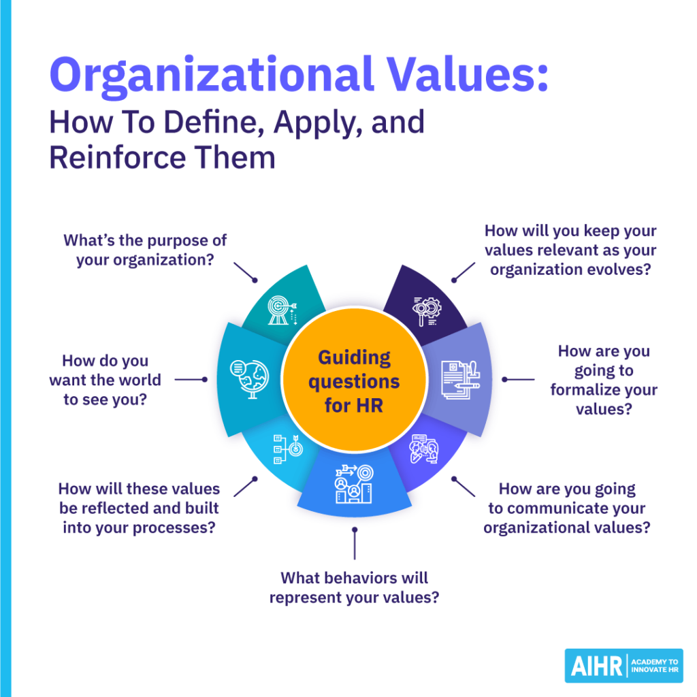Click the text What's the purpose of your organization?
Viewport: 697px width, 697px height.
tap(145, 250)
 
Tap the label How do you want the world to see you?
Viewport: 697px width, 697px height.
tap(105, 380)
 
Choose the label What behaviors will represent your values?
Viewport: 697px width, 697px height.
tap(354, 587)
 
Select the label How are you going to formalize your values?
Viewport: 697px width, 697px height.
tap(604, 380)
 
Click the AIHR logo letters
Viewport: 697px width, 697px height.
tap(594, 666)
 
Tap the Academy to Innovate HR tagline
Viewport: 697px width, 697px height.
tap(655, 666)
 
